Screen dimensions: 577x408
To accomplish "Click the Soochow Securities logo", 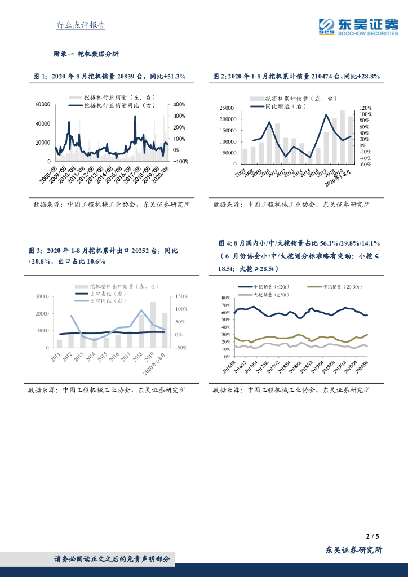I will pyautogui.click(x=358, y=26).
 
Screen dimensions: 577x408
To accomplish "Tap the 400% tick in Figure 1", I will pyautogui.click(x=179, y=105).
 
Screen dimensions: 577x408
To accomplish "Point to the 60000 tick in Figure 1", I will pyautogui.click(x=43, y=105).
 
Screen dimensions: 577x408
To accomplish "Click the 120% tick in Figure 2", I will pyautogui.click(x=365, y=108).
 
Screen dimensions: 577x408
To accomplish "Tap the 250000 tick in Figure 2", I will pyautogui.click(x=227, y=108).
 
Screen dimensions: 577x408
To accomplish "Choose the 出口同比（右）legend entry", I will pyautogui.click(x=104, y=301).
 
